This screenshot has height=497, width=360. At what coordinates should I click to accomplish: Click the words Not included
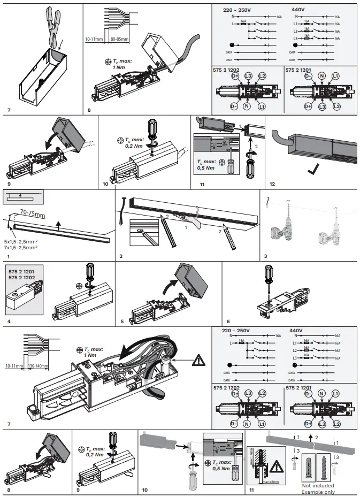(317, 486)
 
